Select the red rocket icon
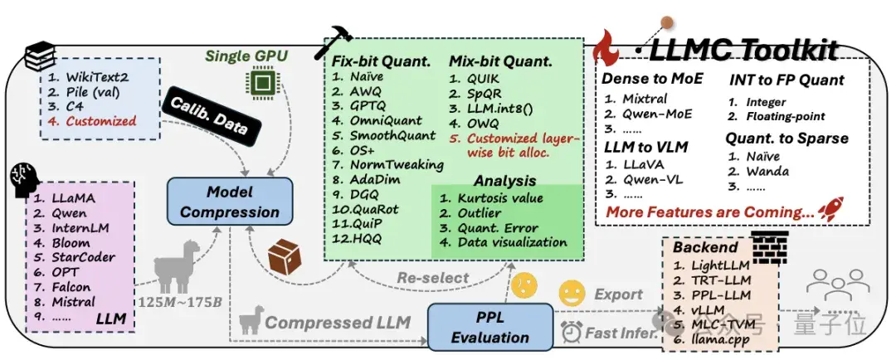tap(830, 209)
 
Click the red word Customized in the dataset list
tap(101, 121)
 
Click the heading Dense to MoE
tap(652, 79)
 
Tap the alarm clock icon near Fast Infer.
tap(570, 332)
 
